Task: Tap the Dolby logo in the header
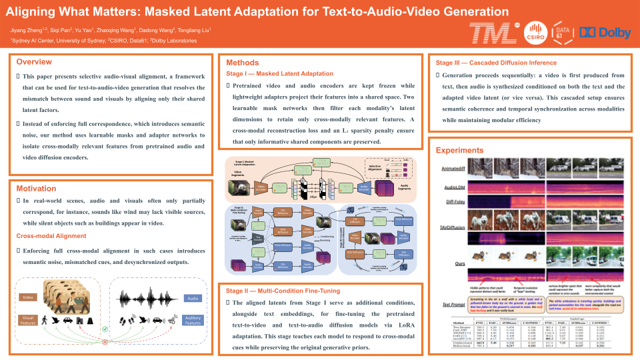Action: [x=604, y=32]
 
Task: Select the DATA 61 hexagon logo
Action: [x=562, y=32]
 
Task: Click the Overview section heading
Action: [x=34, y=62]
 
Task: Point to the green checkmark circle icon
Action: [x=104, y=329]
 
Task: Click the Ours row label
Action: [x=459, y=264]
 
